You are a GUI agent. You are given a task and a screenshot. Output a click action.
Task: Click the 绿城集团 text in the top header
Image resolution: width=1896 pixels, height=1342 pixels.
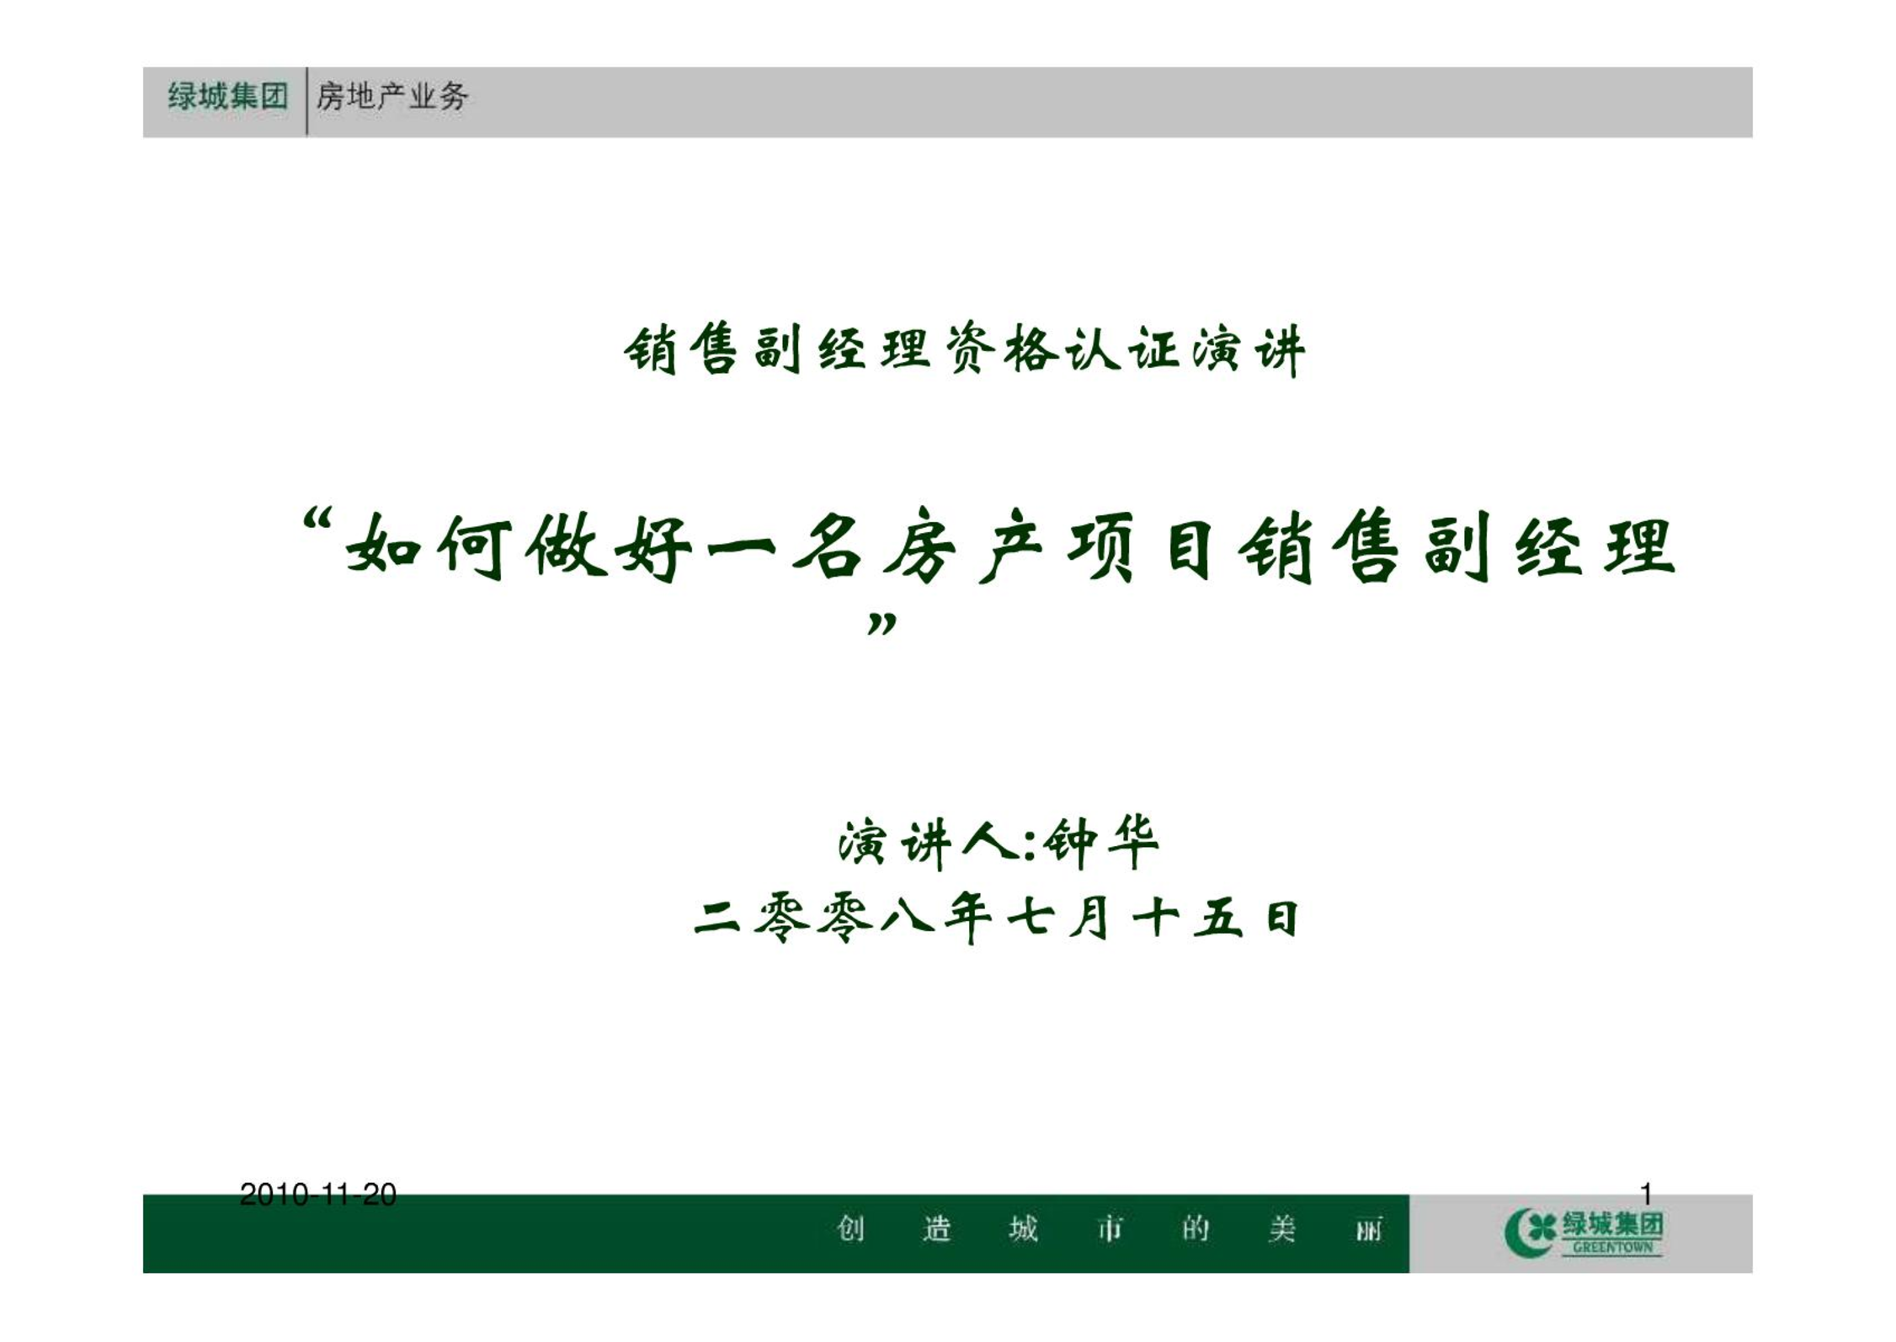click(x=228, y=96)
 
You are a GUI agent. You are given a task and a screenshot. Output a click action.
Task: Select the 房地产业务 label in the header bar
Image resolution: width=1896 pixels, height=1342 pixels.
click(x=391, y=97)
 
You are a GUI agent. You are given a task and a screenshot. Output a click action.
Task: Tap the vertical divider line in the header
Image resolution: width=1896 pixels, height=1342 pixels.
click(x=306, y=101)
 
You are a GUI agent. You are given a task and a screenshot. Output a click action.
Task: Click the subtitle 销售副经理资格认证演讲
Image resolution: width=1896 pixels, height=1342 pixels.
click(x=965, y=349)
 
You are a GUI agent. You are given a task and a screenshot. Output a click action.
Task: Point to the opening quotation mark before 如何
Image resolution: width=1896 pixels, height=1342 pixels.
click(x=317, y=518)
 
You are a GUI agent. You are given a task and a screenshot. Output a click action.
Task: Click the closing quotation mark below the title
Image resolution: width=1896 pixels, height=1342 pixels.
click(x=882, y=624)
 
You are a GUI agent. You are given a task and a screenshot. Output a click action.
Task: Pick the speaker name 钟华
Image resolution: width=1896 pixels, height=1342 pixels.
click(x=1101, y=843)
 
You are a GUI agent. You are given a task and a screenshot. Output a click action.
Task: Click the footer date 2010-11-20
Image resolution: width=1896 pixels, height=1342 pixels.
click(x=317, y=1195)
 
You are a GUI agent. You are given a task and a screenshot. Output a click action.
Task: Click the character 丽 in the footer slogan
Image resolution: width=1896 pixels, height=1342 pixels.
click(x=1369, y=1231)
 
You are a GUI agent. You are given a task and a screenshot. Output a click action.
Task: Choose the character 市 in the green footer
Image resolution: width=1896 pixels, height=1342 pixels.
click(x=1110, y=1230)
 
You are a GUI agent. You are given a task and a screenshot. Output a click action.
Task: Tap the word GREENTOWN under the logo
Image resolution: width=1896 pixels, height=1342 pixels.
click(x=1612, y=1247)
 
